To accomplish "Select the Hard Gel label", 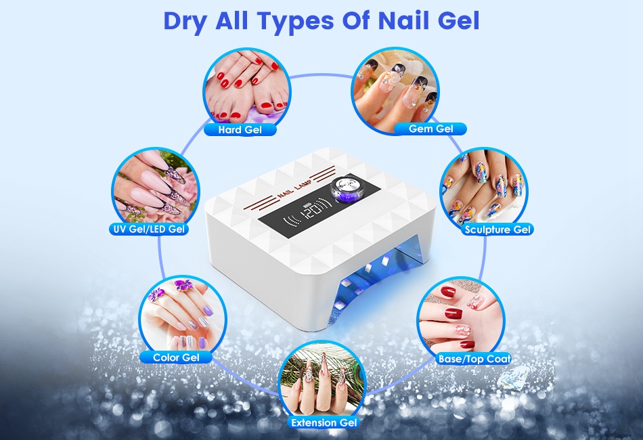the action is [x=240, y=130].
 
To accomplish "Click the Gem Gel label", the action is [x=430, y=129].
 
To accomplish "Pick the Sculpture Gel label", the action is [x=497, y=229].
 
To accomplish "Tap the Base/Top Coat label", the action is [x=474, y=359].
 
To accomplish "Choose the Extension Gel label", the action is [x=324, y=422].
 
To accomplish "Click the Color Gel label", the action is [x=176, y=357].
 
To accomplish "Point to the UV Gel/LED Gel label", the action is [x=149, y=229].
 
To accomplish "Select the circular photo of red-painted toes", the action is [x=247, y=91].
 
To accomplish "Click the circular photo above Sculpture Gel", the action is [x=484, y=191].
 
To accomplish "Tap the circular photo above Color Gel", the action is [x=183, y=320].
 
